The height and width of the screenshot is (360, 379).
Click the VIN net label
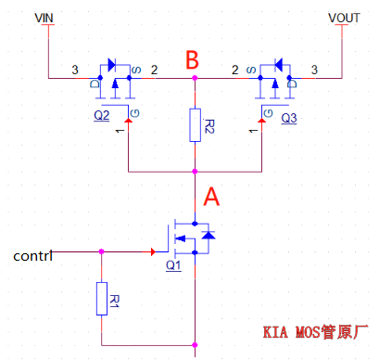pyautogui.click(x=44, y=18)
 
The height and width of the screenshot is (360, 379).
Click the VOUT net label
pyautogui.click(x=343, y=18)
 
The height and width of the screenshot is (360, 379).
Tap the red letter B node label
pyautogui.click(x=192, y=61)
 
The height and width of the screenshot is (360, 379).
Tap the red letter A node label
pyautogui.click(x=212, y=198)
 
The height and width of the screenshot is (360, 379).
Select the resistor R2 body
pyautogui.click(x=195, y=125)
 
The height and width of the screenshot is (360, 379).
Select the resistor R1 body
pyautogui.click(x=102, y=300)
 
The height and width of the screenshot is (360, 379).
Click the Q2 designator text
pyautogui.click(x=102, y=117)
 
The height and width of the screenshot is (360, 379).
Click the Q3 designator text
pyautogui.click(x=288, y=118)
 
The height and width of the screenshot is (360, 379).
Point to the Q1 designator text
pyautogui.click(x=172, y=265)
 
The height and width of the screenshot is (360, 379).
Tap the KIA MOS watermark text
pyautogui.click(x=316, y=331)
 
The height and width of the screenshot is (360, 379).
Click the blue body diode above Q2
pyautogui.click(x=111, y=65)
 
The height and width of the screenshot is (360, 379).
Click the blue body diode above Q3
pyautogui.click(x=276, y=65)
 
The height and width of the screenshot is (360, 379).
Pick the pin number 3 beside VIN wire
pyautogui.click(x=75, y=70)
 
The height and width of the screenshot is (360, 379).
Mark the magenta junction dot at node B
pyautogui.click(x=195, y=79)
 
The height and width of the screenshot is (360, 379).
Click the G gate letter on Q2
pyautogui.click(x=136, y=112)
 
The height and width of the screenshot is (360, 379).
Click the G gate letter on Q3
pyautogui.click(x=267, y=112)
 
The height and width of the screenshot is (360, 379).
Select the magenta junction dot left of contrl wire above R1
pyautogui.click(x=102, y=251)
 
